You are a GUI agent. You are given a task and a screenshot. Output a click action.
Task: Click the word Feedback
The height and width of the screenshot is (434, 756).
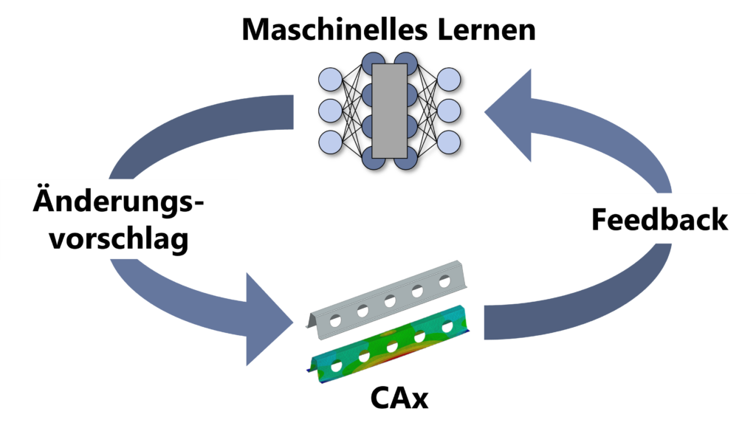(x=659, y=219)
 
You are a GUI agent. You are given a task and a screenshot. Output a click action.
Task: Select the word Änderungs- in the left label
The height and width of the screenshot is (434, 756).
(x=118, y=201)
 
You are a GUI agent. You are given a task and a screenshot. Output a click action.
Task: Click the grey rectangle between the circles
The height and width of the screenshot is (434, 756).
(x=389, y=111)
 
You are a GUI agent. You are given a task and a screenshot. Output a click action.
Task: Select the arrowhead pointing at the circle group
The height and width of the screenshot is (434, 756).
(x=509, y=114)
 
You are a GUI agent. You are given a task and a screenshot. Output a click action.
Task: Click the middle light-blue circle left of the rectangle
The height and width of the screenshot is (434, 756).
(x=330, y=111)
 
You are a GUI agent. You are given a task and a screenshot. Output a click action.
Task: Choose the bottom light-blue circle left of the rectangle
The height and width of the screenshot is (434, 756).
(x=330, y=141)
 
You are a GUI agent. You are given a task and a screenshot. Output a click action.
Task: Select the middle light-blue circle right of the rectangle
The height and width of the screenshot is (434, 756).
(x=449, y=111)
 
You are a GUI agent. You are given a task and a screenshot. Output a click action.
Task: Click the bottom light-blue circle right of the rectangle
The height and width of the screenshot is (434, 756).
(x=449, y=141)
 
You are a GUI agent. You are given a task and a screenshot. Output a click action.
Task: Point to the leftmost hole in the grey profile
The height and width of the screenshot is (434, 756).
(x=336, y=321)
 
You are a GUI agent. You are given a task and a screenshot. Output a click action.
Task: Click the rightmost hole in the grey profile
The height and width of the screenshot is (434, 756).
(x=444, y=281)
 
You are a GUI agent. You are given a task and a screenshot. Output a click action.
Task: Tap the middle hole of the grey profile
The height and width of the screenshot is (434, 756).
(x=391, y=301)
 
